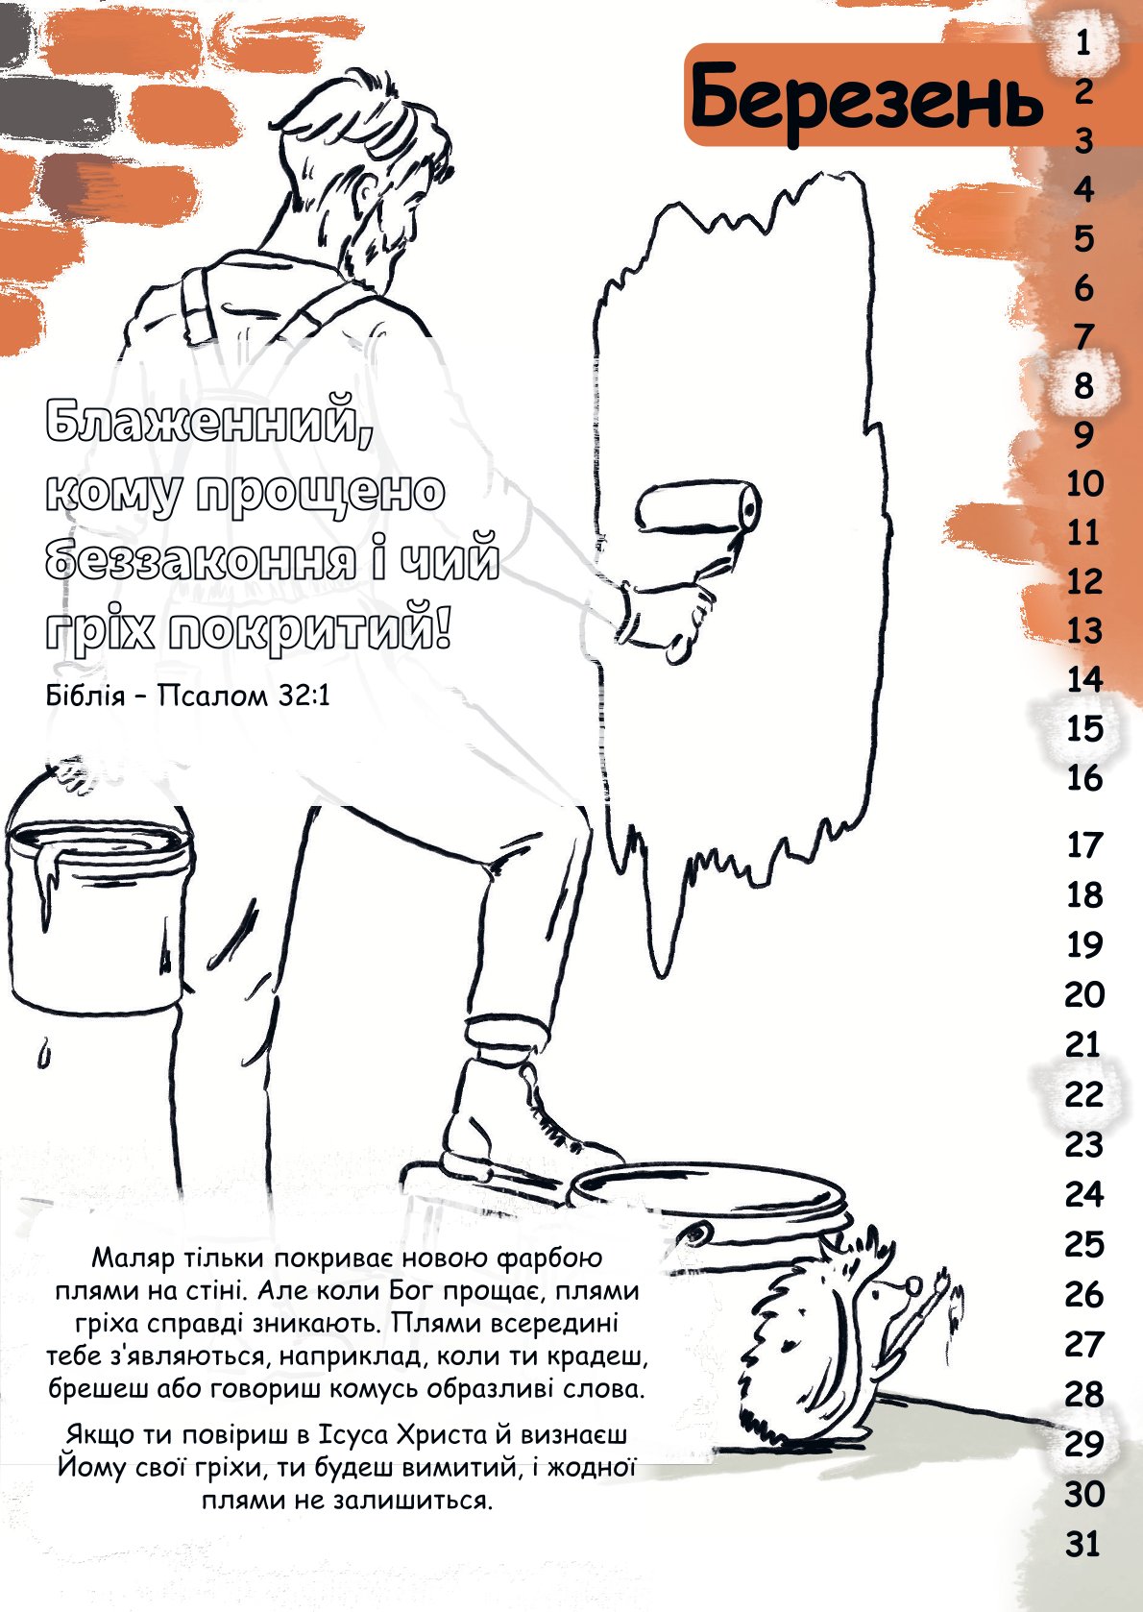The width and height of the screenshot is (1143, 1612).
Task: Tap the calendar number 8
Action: point(1084,386)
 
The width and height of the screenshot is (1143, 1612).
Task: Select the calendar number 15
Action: point(1084,728)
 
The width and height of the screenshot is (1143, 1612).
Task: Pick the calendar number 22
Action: point(1084,1094)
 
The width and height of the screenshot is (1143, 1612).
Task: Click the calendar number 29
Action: point(1084,1444)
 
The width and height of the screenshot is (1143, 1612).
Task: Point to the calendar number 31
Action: point(1083,1544)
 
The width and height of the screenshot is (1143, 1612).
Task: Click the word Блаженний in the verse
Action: point(209,422)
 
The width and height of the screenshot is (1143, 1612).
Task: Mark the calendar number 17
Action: point(1084,844)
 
